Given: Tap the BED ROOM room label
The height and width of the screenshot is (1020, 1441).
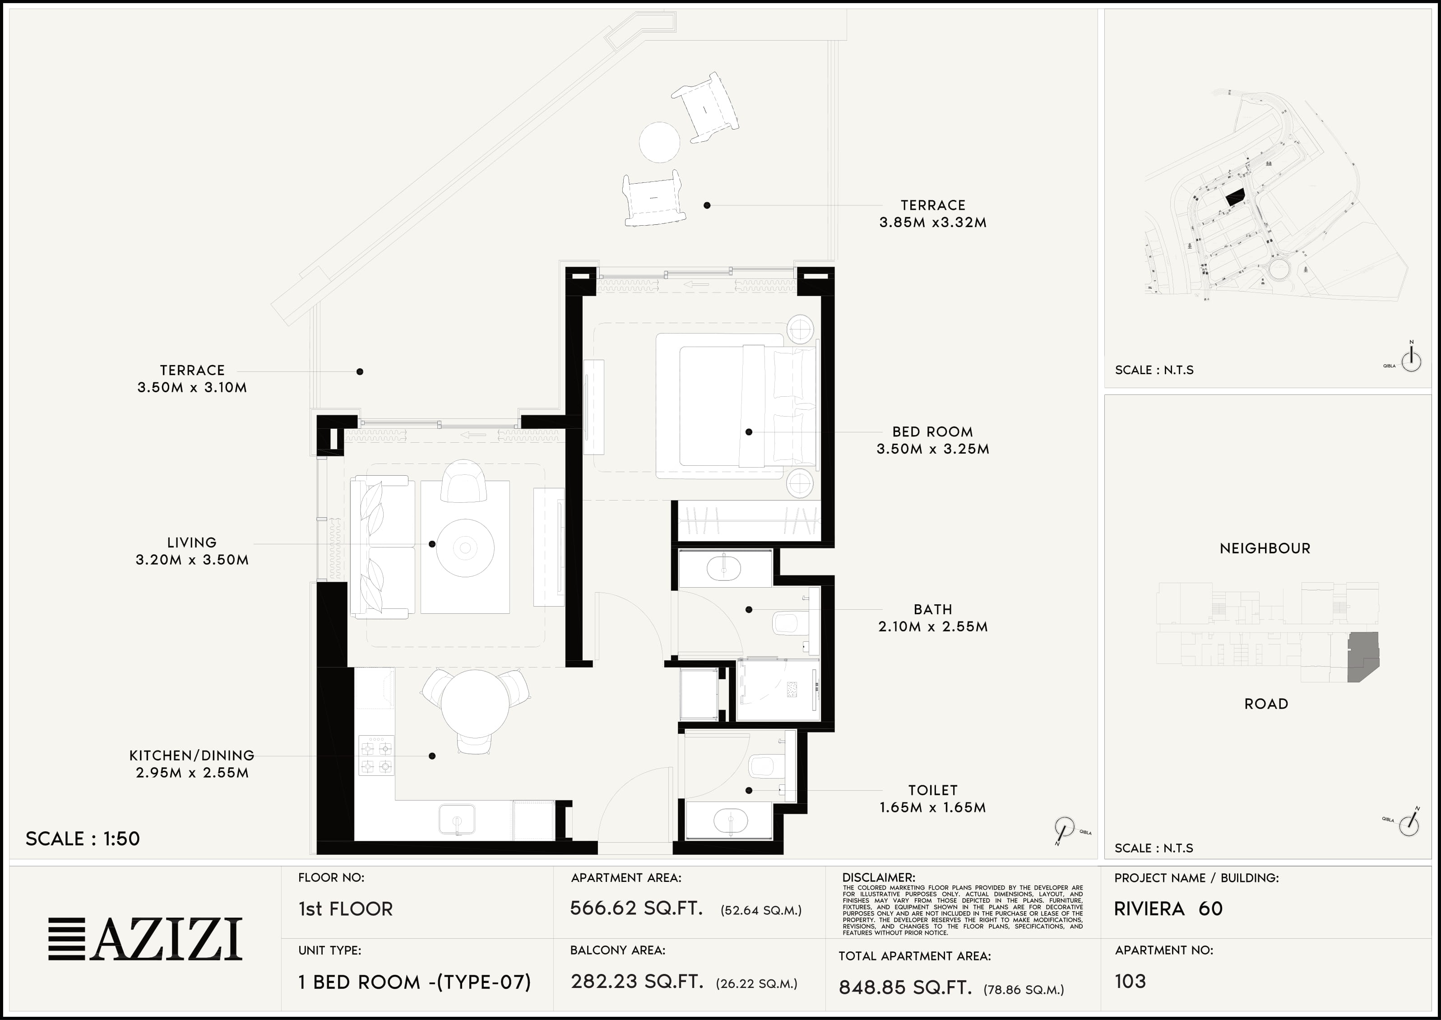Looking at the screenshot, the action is click(932, 432).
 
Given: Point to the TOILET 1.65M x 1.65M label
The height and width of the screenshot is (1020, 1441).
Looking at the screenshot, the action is click(932, 799).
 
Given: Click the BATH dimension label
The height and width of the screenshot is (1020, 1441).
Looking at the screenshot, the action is click(933, 627).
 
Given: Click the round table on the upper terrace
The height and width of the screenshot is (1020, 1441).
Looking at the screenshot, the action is click(659, 142).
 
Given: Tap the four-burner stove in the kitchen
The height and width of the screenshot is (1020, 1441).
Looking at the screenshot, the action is click(376, 756).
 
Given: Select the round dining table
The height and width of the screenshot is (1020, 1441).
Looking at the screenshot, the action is click(475, 704).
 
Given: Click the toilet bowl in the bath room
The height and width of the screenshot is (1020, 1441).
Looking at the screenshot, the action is click(785, 623).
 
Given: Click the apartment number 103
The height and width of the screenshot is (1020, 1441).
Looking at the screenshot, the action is click(1130, 981).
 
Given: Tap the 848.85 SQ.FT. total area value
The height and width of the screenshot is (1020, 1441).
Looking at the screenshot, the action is click(905, 988).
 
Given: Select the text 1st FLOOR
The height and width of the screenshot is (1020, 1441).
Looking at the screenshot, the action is click(345, 909).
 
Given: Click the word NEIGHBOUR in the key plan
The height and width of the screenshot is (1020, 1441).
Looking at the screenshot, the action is click(1265, 548).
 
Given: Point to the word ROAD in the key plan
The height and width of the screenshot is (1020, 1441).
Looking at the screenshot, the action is click(1266, 704).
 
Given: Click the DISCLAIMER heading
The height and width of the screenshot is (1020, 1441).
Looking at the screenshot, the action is click(878, 877).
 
